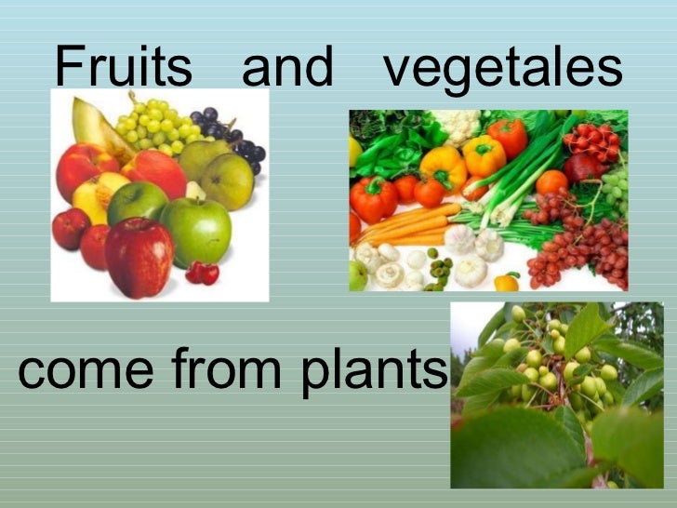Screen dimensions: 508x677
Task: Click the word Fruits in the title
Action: coord(123,68)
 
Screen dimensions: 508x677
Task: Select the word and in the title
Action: coord(286,68)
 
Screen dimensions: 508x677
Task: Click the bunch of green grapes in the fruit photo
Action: coord(153,126)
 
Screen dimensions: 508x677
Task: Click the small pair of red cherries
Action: coord(203,272)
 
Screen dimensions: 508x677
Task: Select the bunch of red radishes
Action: coord(595,140)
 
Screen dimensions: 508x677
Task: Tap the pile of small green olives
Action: coord(440,267)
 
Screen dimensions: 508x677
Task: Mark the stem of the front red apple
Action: coord(140,223)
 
